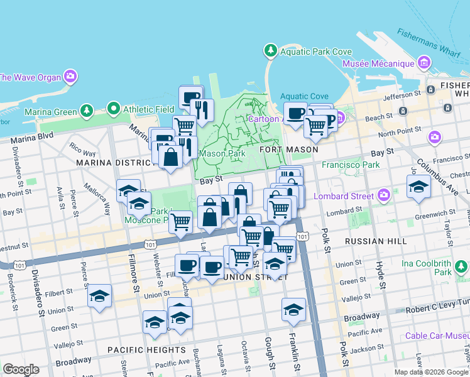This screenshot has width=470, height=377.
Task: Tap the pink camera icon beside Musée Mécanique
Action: point(424,63)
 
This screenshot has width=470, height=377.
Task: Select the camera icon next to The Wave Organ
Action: point(70,77)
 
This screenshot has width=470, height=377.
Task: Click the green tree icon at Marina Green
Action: point(86,112)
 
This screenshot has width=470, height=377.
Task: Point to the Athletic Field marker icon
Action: point(114,109)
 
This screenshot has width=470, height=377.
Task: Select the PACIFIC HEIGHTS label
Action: point(146,349)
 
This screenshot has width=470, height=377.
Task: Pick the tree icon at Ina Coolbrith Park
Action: point(462,268)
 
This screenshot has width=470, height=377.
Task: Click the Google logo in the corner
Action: point(21,369)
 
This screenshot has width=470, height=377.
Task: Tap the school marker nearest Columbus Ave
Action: point(418,187)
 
